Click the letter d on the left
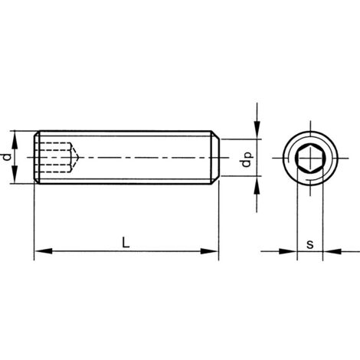pos(7,156)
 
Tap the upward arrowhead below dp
pos(257,182)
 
